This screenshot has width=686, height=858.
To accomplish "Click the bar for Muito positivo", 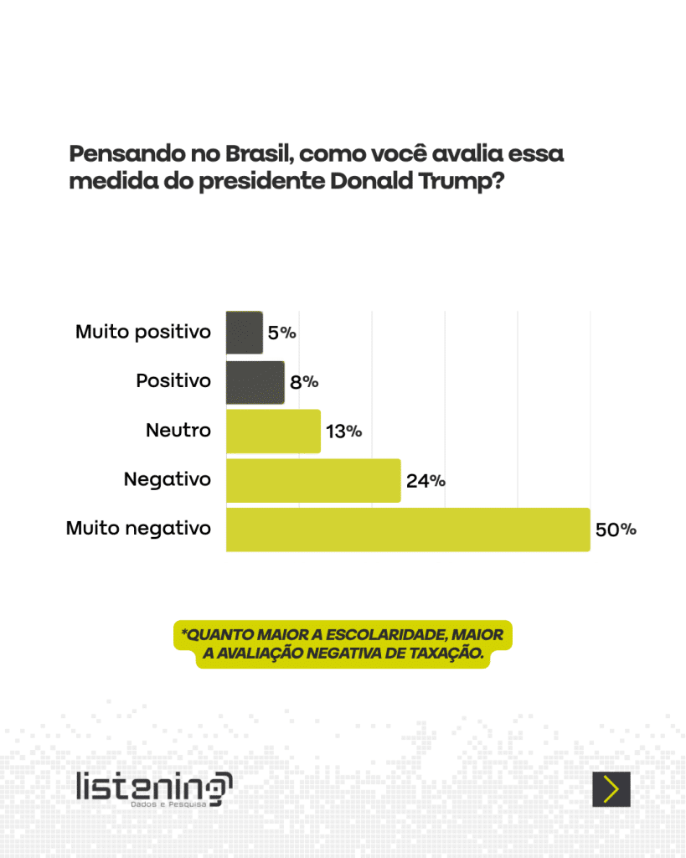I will [244, 333].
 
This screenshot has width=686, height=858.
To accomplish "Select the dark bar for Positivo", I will [255, 382].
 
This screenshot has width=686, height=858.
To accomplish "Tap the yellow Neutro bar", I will [273, 432].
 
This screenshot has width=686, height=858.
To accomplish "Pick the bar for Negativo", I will [313, 481].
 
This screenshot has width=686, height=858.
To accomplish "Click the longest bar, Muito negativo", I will [408, 530].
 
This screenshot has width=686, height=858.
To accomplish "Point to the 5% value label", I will [281, 333].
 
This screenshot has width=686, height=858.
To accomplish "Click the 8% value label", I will [304, 382].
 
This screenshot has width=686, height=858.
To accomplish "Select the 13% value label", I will [343, 432].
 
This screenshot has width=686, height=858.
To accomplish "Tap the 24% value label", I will [426, 481].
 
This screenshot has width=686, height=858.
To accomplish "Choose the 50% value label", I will [616, 530].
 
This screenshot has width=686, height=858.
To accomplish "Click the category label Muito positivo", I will [143, 332].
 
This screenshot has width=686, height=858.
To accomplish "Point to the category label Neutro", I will [178, 431].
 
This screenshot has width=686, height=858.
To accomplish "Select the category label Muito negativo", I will [138, 529].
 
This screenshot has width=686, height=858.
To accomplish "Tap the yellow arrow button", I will [611, 789].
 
